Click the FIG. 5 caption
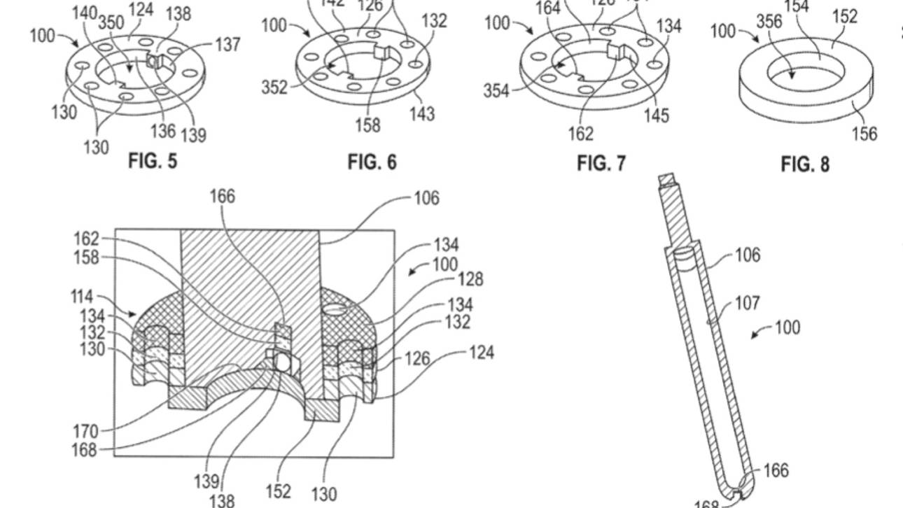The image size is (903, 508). [x=153, y=162]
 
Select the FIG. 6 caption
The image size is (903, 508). [x=372, y=162]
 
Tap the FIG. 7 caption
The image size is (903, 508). [x=601, y=164]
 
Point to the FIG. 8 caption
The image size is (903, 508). [x=805, y=164]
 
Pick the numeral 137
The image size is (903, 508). [x=227, y=45]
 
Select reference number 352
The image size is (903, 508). [x=274, y=88]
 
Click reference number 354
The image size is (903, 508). [x=496, y=91]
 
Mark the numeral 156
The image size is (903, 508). [x=864, y=134]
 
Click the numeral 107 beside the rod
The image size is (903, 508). [x=747, y=304]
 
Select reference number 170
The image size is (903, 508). [x=85, y=431]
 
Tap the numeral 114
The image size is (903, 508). [x=82, y=296]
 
